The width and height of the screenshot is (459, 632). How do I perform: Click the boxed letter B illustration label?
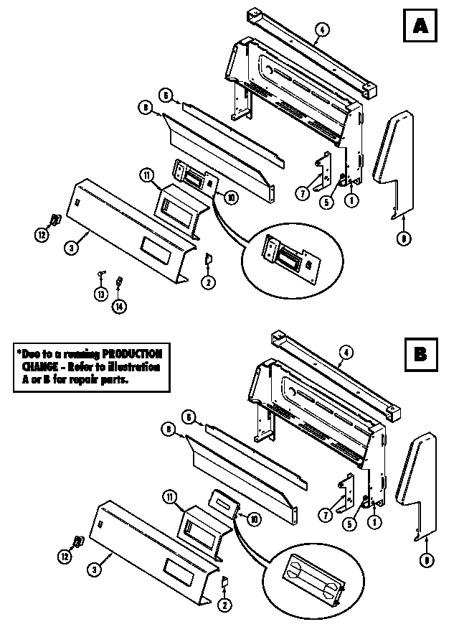[x=420, y=355]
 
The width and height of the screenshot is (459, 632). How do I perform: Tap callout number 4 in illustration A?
[x=323, y=29]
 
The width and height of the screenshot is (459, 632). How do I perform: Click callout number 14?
[x=119, y=307]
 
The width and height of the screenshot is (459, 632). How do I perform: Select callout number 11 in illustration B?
[x=168, y=496]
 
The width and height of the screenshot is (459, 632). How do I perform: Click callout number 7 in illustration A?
[x=303, y=192]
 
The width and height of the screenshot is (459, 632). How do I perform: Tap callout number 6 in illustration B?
[x=188, y=417]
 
